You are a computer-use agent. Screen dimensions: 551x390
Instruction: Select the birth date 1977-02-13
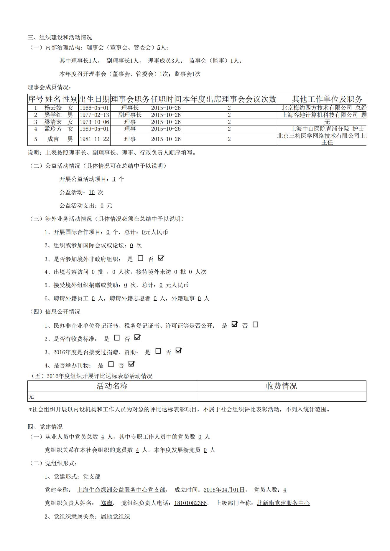94,115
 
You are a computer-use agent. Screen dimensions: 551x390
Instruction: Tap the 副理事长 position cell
130,115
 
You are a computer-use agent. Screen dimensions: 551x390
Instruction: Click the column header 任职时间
166,99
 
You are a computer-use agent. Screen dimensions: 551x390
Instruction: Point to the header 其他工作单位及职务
327,99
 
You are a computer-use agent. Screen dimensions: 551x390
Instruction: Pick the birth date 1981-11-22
94,139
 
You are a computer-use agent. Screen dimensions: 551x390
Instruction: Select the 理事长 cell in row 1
130,108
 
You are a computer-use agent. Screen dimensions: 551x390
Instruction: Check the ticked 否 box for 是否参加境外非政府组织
161,258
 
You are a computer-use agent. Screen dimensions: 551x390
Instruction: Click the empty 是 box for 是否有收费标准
117,338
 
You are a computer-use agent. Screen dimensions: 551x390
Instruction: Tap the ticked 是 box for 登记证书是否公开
234,325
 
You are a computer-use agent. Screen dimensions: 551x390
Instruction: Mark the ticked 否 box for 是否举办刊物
131,364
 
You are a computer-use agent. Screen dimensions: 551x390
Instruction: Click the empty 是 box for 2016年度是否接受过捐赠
158,351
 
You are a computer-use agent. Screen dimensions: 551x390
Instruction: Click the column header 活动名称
112,386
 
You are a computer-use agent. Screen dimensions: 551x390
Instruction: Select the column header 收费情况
282,386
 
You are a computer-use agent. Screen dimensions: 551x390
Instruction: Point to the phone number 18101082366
190,503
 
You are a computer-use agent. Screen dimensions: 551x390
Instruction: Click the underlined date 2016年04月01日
224,490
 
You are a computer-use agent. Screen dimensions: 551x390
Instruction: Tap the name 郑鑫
106,503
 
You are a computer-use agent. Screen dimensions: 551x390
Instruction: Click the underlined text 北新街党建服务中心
283,503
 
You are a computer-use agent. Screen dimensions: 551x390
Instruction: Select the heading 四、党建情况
45,427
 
